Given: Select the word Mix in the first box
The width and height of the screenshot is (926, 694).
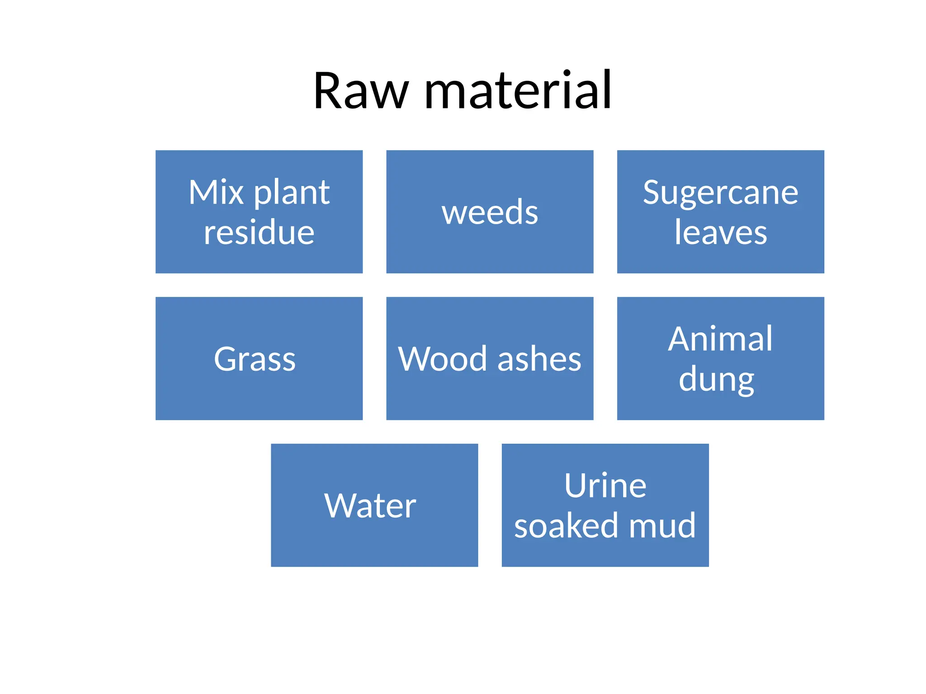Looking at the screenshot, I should pos(216,192).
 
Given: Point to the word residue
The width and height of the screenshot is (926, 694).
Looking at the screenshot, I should pos(259,233).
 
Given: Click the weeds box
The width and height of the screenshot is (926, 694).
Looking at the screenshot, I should pos(490,212).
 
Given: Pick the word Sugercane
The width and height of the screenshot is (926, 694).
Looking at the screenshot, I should pos(720,193).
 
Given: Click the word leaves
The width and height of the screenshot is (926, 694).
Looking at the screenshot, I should pos(720,233).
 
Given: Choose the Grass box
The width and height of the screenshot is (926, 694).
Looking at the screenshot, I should pos(259,359).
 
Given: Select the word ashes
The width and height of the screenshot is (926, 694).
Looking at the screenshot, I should pos(539,359).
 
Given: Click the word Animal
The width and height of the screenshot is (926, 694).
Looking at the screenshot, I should pos(720,339).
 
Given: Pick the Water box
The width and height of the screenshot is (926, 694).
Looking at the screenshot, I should pos(374,505).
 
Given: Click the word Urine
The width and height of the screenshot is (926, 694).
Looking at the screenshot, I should pos(605,486).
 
